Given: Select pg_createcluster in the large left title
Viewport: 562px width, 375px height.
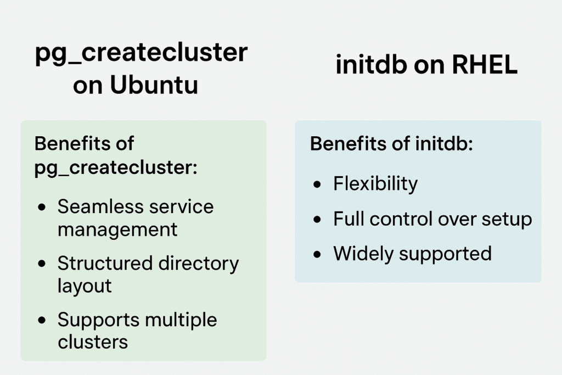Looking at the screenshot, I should (x=142, y=54).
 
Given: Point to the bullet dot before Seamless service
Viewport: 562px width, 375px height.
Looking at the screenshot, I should (x=42, y=208).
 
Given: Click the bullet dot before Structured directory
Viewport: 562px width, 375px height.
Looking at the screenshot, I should (x=42, y=265).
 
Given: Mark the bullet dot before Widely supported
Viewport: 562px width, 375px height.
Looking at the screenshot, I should (x=317, y=255).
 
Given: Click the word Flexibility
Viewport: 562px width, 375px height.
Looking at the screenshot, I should (x=375, y=184).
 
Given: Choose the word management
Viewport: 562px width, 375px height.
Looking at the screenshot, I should (x=117, y=229).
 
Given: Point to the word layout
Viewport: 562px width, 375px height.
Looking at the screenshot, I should (x=85, y=286).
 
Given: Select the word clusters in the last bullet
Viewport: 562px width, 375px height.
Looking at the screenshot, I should (x=92, y=342).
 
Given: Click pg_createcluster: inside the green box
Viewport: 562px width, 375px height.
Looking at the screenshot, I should (x=115, y=166).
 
